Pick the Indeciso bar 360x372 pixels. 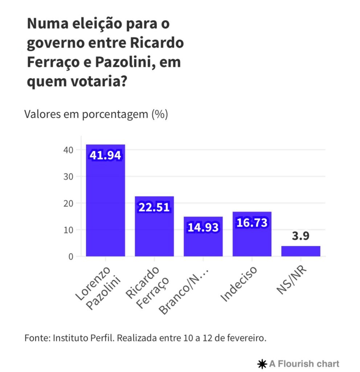[252, 240]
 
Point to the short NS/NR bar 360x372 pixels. [300, 251]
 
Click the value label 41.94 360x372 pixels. [105, 155]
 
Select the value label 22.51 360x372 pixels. [154, 207]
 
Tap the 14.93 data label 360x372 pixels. [203, 227]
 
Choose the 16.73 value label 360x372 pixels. [252, 222]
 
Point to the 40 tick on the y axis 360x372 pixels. [69, 150]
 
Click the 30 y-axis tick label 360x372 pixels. [69, 177]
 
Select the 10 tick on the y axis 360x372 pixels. [69, 230]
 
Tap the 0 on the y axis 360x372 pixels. [71, 256]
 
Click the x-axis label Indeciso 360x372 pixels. [240, 284]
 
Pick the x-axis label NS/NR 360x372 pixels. [290, 280]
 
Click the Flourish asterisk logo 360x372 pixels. [261, 364]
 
